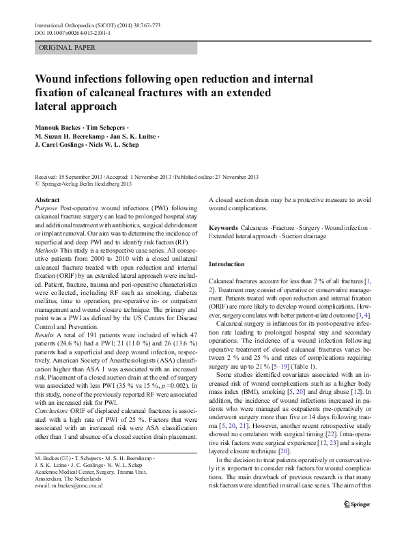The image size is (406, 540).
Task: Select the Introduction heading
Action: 227,264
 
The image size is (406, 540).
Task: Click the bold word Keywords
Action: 223,227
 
